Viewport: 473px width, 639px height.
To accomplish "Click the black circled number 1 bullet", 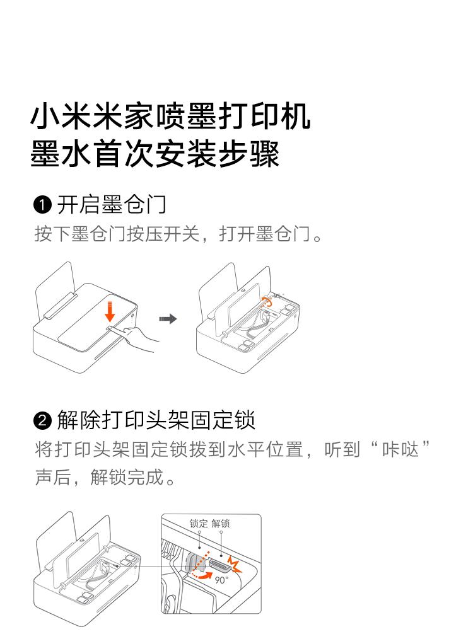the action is click(x=42, y=205).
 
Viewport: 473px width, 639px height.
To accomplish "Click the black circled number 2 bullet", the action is click(x=42, y=420).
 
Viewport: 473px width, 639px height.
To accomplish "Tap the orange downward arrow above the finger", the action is click(x=110, y=311).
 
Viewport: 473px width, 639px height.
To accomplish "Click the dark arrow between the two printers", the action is click(x=168, y=318).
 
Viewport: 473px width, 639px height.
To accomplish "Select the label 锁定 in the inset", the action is click(x=199, y=523).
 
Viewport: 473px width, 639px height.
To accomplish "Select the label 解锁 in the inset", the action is click(x=221, y=523).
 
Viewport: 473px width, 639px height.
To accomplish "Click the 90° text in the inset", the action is click(x=221, y=579).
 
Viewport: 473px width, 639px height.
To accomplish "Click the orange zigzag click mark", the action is click(x=235, y=563).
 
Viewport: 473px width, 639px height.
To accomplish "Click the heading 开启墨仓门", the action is click(x=112, y=205).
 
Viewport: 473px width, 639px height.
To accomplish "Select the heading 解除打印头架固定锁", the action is click(x=156, y=420).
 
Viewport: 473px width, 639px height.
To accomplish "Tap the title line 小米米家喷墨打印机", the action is click(x=170, y=117).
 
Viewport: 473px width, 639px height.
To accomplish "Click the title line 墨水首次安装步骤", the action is click(x=155, y=154).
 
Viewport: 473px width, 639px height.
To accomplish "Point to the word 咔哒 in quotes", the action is click(x=400, y=450).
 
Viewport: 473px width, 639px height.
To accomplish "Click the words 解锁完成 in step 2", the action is click(x=127, y=477).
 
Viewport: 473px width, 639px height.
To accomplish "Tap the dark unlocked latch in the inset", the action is click(x=221, y=565).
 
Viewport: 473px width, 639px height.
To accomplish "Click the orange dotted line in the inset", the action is click(x=201, y=562).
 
